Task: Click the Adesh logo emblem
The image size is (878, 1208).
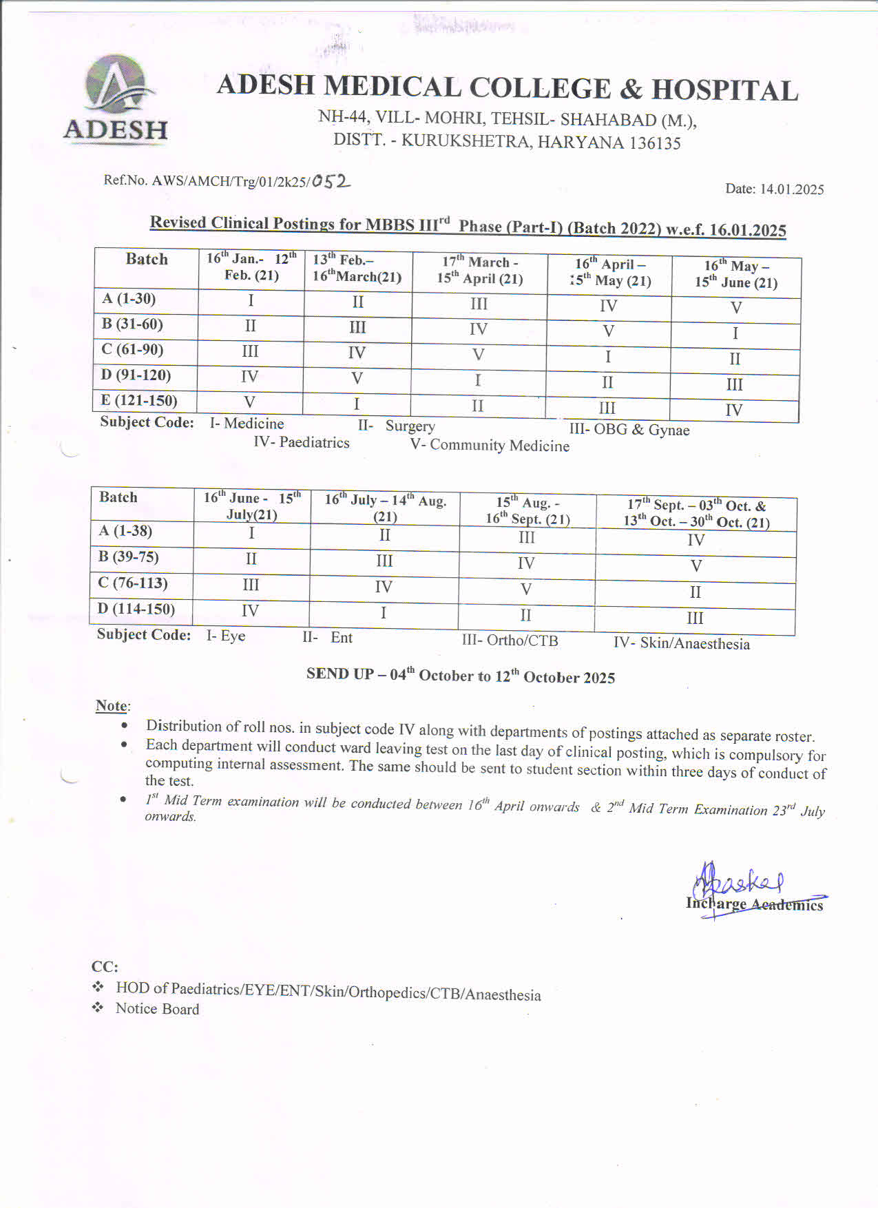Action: coord(116,84)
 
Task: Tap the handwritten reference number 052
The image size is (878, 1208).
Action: coord(331,181)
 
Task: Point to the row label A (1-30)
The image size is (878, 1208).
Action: coord(129,299)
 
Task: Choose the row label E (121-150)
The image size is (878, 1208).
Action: coord(140,400)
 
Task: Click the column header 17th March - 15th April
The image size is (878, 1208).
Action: coord(480,270)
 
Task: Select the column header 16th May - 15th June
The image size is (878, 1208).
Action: coord(736,274)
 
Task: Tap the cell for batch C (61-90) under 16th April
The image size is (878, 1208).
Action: coord(608,357)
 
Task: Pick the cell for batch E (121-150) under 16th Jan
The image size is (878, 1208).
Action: coord(250,402)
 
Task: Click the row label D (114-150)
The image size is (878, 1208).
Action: coord(136,609)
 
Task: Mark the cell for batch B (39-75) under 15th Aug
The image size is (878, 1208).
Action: coord(526,563)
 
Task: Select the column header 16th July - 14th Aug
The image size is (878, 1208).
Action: coord(385,508)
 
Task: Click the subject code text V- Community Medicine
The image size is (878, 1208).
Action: coord(490,446)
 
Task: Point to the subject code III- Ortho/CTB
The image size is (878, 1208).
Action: coord(510,641)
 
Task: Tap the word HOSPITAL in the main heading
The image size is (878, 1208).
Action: coord(724,91)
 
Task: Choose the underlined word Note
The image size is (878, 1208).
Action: coord(112,706)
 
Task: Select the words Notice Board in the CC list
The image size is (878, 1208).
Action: coord(158,1009)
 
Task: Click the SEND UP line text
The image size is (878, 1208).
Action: coord(461,676)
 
